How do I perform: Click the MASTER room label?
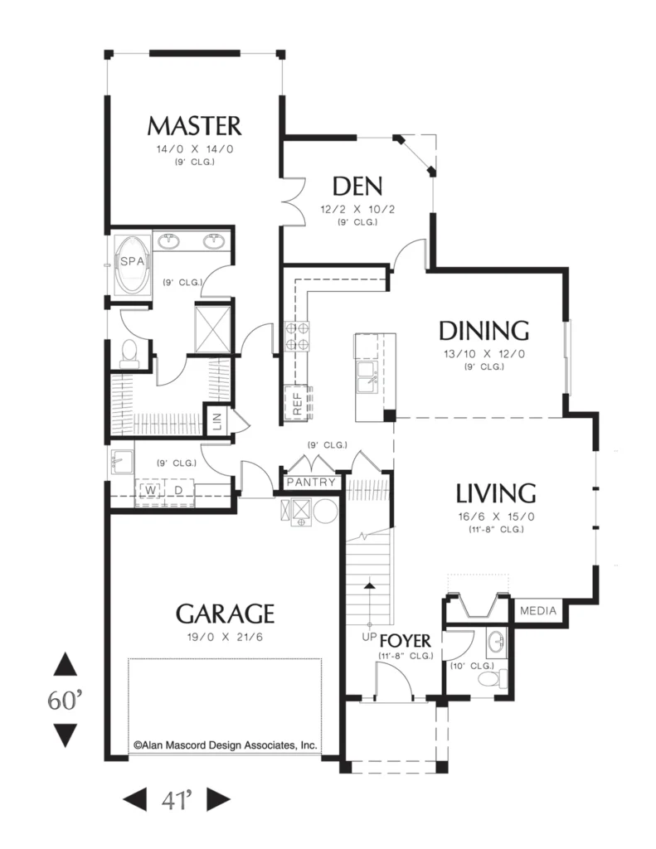(194, 126)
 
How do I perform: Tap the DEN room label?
(357, 187)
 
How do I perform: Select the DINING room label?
(483, 331)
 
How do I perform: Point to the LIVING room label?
(496, 493)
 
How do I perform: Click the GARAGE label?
(225, 614)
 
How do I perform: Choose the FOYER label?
(406, 641)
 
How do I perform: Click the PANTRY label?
(311, 482)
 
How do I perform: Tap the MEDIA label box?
(538, 611)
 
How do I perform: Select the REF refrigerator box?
(298, 403)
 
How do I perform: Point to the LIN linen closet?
(217, 419)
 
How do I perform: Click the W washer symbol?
(151, 490)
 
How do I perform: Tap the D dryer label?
(178, 490)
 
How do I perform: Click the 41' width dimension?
(177, 800)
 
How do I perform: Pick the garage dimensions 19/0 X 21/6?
(225, 638)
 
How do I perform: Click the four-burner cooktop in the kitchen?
(297, 337)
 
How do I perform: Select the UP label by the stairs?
(369, 637)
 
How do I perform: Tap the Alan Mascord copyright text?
(226, 745)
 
